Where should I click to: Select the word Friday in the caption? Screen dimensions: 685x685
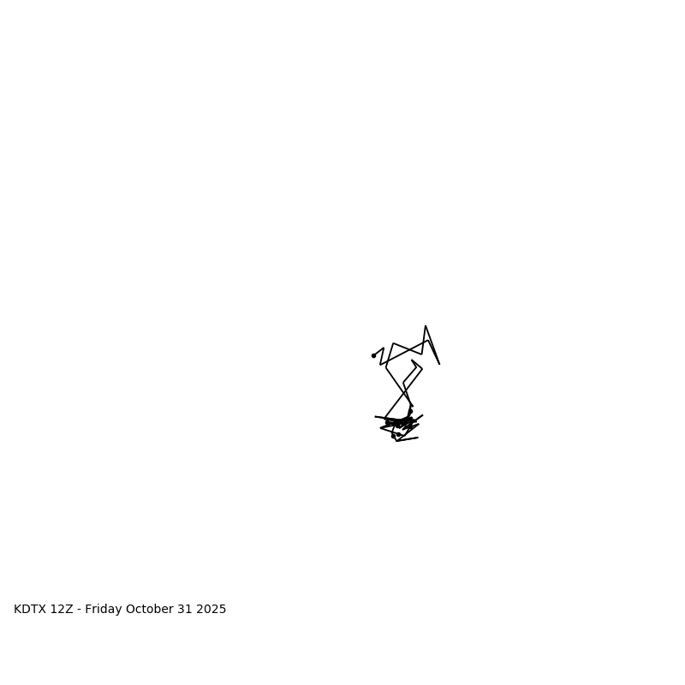104,610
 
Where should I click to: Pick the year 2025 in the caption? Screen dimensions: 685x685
211,610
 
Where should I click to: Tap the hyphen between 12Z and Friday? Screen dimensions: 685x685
79,610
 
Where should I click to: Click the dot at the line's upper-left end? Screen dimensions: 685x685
373,355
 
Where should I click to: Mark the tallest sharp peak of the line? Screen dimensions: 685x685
426,326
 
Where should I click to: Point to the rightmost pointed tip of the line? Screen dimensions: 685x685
439,364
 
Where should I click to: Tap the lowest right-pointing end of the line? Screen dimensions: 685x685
418,438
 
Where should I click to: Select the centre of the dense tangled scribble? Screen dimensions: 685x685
401,423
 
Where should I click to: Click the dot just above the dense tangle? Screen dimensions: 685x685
410,412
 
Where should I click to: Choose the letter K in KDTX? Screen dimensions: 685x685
17,610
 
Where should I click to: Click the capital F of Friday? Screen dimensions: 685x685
88,610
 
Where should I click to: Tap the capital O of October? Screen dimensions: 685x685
131,610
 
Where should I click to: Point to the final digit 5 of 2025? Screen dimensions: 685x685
223,610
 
